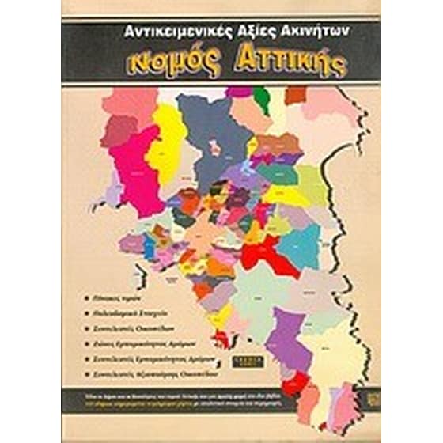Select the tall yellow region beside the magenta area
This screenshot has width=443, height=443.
[168, 134]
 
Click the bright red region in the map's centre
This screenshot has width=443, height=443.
[265, 253]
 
